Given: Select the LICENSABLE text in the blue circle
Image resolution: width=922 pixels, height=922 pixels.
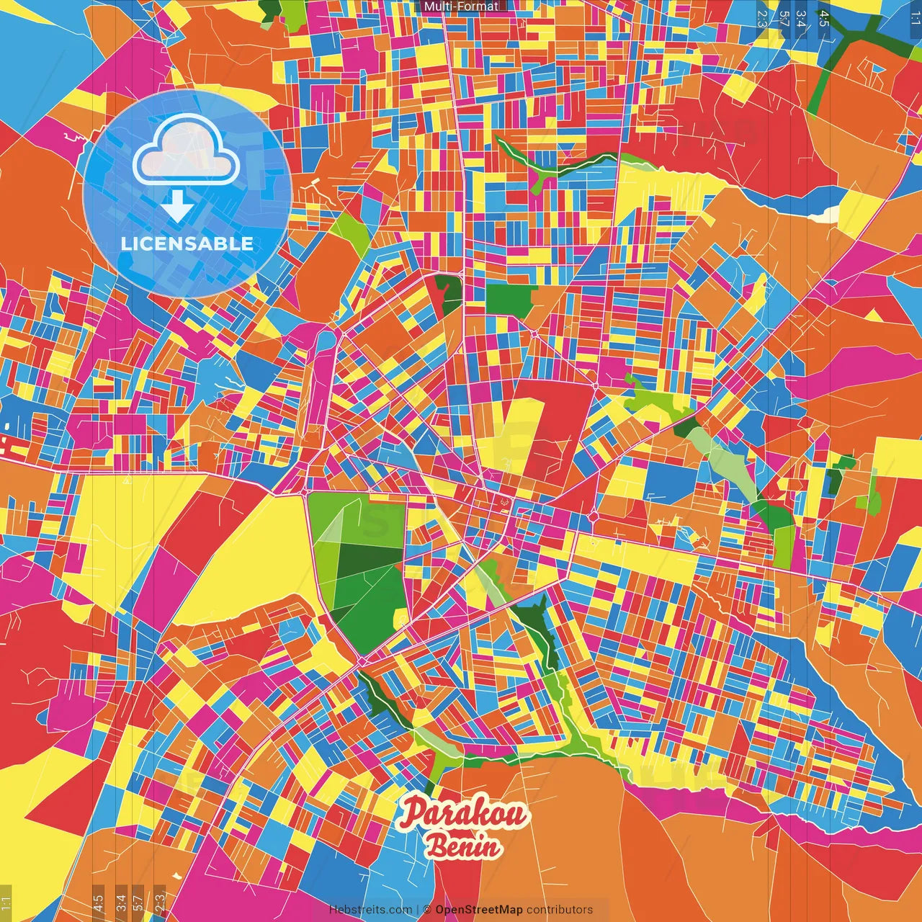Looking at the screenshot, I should click(187, 243).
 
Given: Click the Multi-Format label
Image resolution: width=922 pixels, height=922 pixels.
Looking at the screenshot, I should click(461, 6).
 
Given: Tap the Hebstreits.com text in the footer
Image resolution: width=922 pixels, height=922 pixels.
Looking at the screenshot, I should click(370, 910).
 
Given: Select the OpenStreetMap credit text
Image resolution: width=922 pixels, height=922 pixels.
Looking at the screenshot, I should click(478, 910).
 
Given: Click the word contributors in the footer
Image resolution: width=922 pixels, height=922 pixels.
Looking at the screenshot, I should click(560, 910).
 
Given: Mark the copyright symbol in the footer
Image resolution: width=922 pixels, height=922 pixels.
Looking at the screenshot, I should click(426, 910).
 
